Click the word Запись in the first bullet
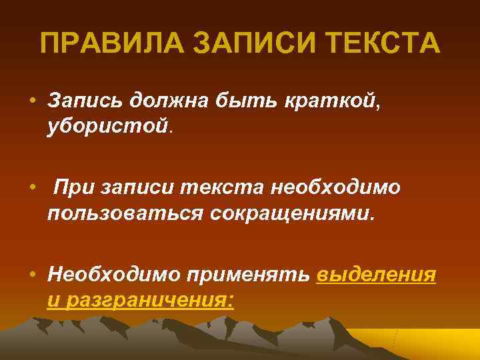(x=87, y=100)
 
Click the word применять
(x=251, y=275)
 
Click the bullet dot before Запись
(x=32, y=101)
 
